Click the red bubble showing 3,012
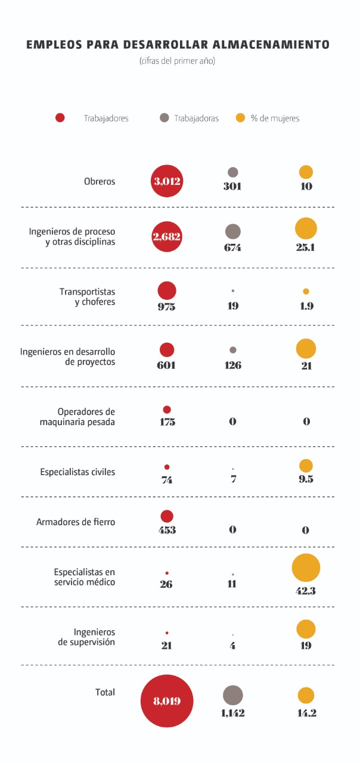coord(167,181)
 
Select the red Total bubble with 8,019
coord(167,701)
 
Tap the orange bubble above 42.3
coord(306,567)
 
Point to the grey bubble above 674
coord(233,232)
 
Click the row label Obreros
coord(100,181)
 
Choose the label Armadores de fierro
coord(76,522)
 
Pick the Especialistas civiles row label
coord(77,472)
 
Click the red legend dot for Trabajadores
coord(60,118)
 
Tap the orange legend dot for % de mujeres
coord(241,118)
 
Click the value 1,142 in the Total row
coord(232,713)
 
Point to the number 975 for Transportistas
coord(167,306)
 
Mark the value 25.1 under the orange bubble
coord(306,247)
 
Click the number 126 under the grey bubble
coord(233,365)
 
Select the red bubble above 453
coord(167,516)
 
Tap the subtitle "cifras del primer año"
coord(177,61)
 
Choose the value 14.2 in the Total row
coord(306,713)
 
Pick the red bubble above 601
coord(167,350)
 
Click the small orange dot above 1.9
coord(306,291)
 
